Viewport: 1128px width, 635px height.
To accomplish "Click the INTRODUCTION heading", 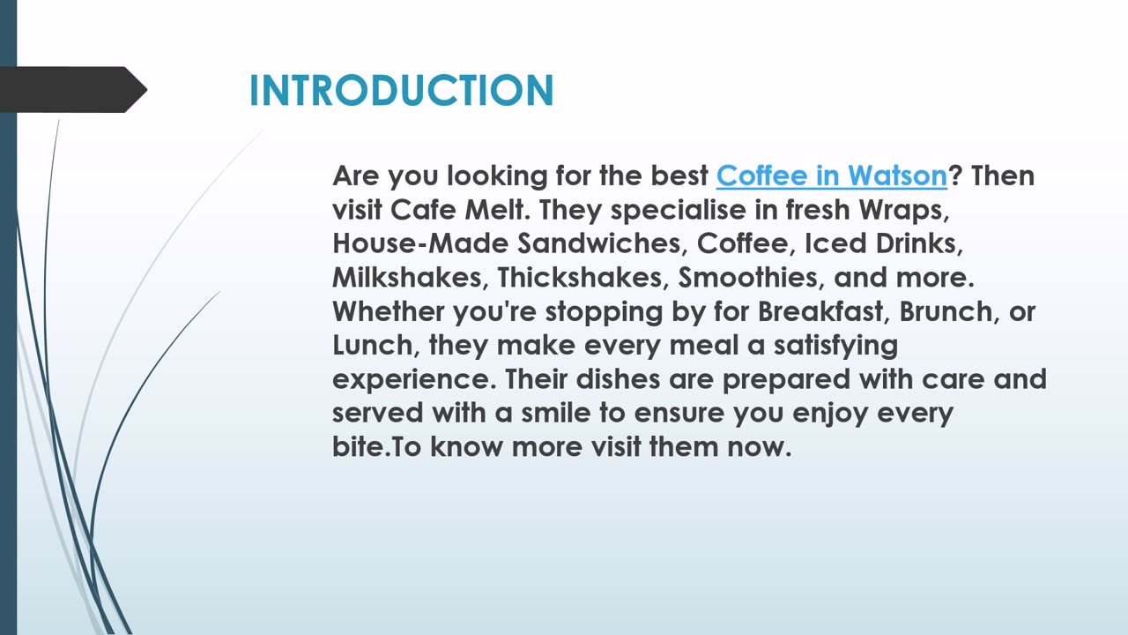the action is pos(401,90).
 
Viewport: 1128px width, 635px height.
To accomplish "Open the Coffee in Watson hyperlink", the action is pos(831,176).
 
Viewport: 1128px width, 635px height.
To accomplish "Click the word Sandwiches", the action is pos(602,244).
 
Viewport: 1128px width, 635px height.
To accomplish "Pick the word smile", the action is pos(556,413).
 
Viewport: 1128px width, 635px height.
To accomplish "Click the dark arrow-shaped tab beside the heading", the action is pos(73,90).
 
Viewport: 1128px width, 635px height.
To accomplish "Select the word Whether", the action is pos(388,311).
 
